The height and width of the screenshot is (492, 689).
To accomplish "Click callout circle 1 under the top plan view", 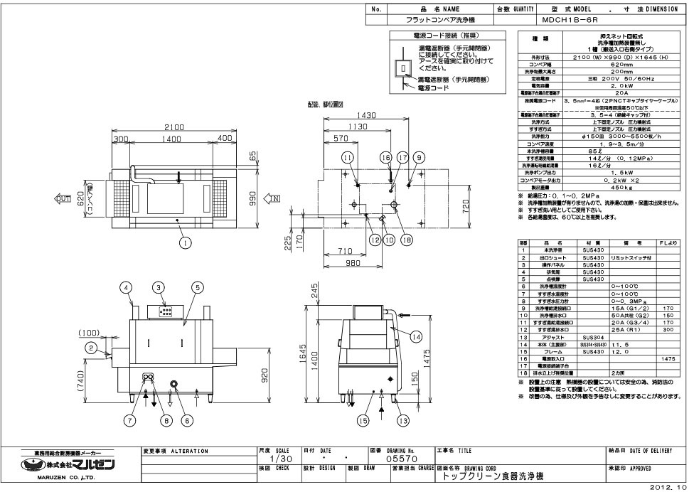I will click(186, 243).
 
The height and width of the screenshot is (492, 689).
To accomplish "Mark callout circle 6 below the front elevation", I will click(186, 420).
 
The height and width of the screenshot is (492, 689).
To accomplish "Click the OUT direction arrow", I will click(60, 198).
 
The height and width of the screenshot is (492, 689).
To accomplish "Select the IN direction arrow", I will click(273, 198).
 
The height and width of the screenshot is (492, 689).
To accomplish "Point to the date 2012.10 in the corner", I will click(668, 488).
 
